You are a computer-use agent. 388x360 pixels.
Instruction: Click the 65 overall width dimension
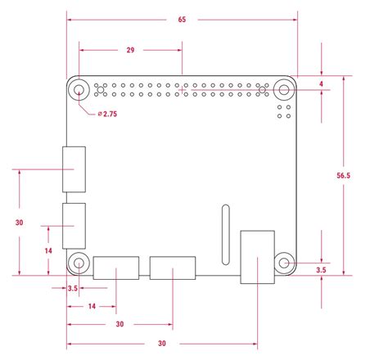[x=181, y=19]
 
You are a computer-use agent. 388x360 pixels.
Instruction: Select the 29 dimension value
[x=130, y=51]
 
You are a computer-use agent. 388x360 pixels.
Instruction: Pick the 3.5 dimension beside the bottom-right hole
[x=322, y=269]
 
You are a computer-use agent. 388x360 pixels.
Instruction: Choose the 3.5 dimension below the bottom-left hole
[x=72, y=288]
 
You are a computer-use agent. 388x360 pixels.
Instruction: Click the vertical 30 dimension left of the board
[x=19, y=222]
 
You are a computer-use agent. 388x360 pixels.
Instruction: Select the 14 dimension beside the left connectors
[x=48, y=250]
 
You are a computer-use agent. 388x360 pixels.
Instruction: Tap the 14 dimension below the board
[x=91, y=305]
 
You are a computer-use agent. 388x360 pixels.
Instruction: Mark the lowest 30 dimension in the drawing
[x=162, y=343]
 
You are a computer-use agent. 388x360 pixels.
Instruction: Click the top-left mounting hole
[x=79, y=90]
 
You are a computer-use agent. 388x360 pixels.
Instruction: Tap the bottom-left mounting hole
[x=79, y=263]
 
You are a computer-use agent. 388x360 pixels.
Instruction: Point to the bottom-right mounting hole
[x=283, y=263]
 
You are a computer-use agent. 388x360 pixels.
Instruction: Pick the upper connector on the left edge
[x=74, y=169]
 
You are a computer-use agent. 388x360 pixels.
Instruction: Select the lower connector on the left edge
[x=74, y=225]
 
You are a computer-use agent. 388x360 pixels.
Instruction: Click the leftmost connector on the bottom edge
[x=115, y=268]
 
